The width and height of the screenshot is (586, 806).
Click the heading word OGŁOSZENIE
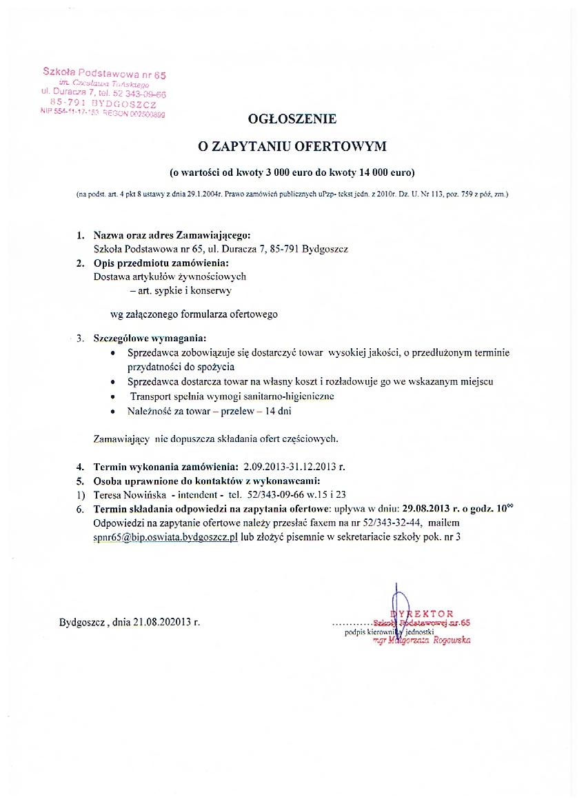[x=292, y=119]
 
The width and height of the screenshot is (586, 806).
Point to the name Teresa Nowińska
[x=128, y=494]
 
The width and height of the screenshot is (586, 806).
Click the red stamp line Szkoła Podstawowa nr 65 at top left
[x=104, y=73]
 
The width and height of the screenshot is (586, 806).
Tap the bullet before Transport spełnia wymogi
[x=114, y=396]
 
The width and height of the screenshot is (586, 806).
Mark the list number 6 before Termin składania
[x=80, y=510]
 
